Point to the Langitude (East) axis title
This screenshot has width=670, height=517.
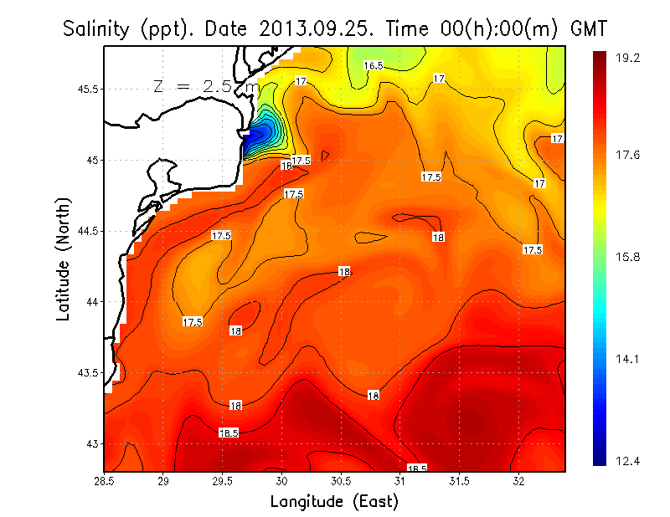pos(334,501)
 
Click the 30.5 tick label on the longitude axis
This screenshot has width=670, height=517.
pos(341,482)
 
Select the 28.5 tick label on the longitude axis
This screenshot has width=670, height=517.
pos(105,482)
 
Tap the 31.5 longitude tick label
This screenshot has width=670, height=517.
pos(459,482)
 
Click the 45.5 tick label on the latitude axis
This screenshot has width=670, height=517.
pos(87,89)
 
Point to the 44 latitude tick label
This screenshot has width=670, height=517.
pos(92,301)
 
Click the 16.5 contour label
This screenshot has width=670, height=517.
pos(373,65)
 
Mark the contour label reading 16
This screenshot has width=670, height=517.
pos(286,166)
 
